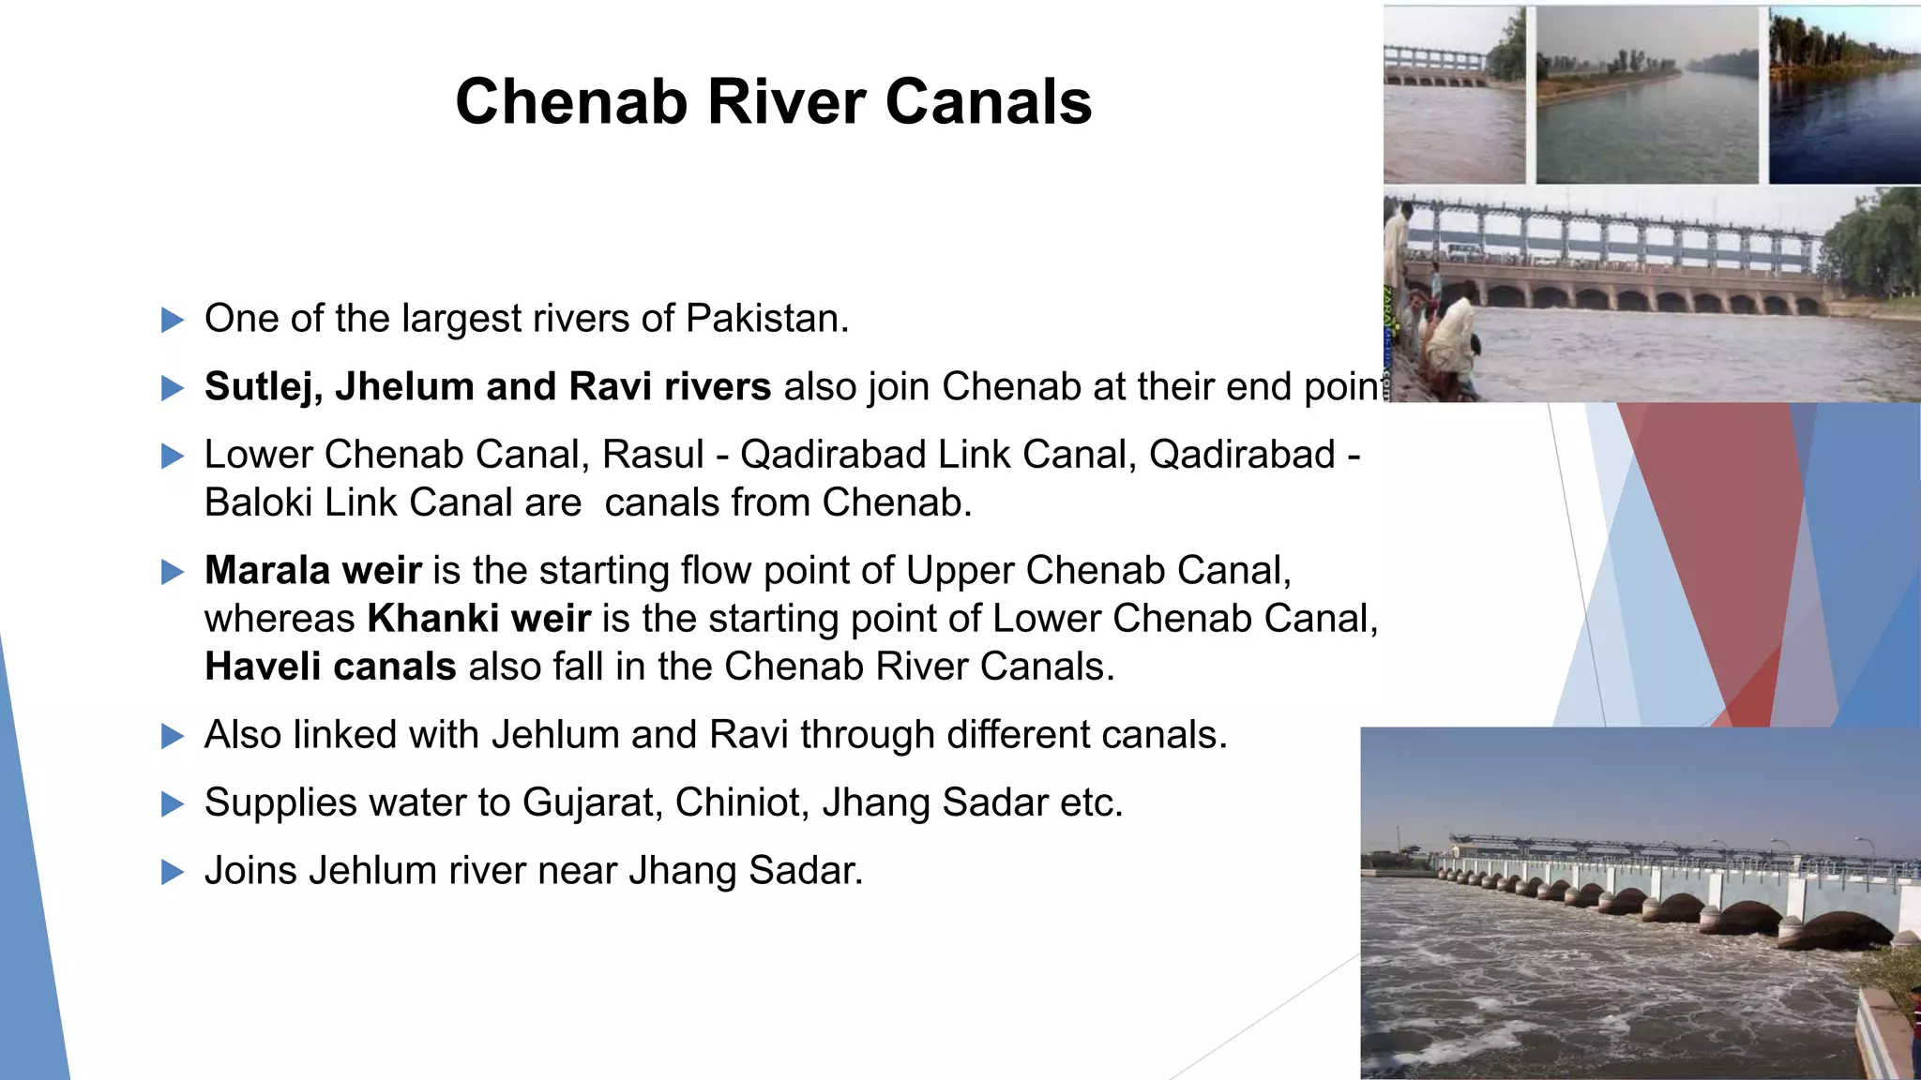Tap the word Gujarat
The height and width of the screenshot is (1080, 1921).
click(592, 802)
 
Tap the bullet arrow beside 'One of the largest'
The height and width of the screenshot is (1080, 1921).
click(173, 321)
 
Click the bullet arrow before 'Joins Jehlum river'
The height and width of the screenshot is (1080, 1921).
click(173, 873)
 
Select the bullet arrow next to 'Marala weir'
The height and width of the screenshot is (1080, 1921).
click(173, 572)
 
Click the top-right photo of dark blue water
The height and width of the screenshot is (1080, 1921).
click(1844, 95)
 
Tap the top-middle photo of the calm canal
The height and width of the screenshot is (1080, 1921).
click(1646, 95)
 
